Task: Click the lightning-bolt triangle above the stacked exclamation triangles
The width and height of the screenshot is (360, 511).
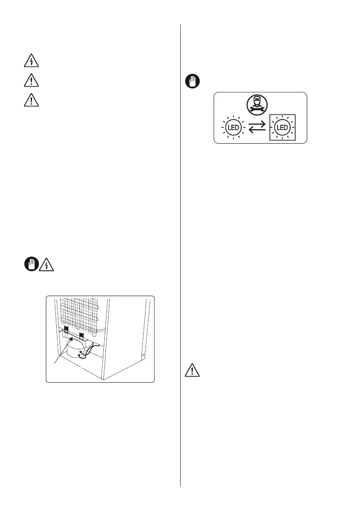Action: (31, 61)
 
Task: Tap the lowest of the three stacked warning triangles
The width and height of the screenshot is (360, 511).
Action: (31, 100)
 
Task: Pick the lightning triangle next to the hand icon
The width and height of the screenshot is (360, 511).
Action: (46, 265)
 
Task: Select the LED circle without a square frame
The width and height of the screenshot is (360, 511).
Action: (233, 127)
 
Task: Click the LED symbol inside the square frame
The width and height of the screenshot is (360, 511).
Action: (282, 127)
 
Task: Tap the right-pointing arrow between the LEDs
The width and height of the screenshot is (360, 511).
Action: (258, 124)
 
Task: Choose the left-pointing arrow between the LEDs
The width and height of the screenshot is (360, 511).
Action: (257, 130)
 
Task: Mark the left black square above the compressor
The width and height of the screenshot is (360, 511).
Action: (67, 330)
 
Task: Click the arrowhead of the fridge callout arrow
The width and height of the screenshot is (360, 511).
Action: (67, 339)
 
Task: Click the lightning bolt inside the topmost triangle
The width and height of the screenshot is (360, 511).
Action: (31, 62)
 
